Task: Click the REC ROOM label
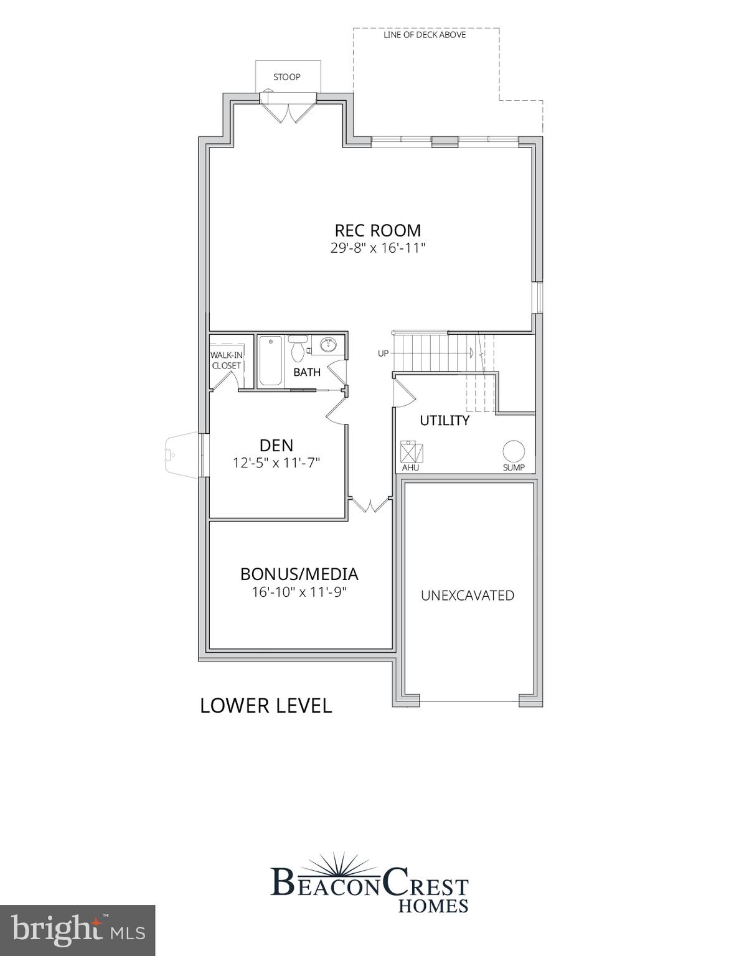pos(377,230)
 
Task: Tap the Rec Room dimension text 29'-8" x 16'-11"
pos(377,248)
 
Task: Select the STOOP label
pos(287,77)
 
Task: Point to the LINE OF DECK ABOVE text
pos(425,35)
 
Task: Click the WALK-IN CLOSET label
pos(226,360)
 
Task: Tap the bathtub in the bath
pos(270,360)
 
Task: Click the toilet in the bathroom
pos(298,350)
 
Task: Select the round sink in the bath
pos(328,344)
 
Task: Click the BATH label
pos(307,372)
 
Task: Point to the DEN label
pos(276,445)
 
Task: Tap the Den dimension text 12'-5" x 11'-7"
pos(276,463)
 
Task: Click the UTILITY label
pos(445,421)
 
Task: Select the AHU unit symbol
pos(410,451)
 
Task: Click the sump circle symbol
pos(514,451)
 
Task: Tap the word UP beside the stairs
pos(383,354)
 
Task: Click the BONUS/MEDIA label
pos(299,574)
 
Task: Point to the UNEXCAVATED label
pos(468,596)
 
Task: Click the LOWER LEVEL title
pos(266,706)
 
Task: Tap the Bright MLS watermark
pos(77,930)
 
